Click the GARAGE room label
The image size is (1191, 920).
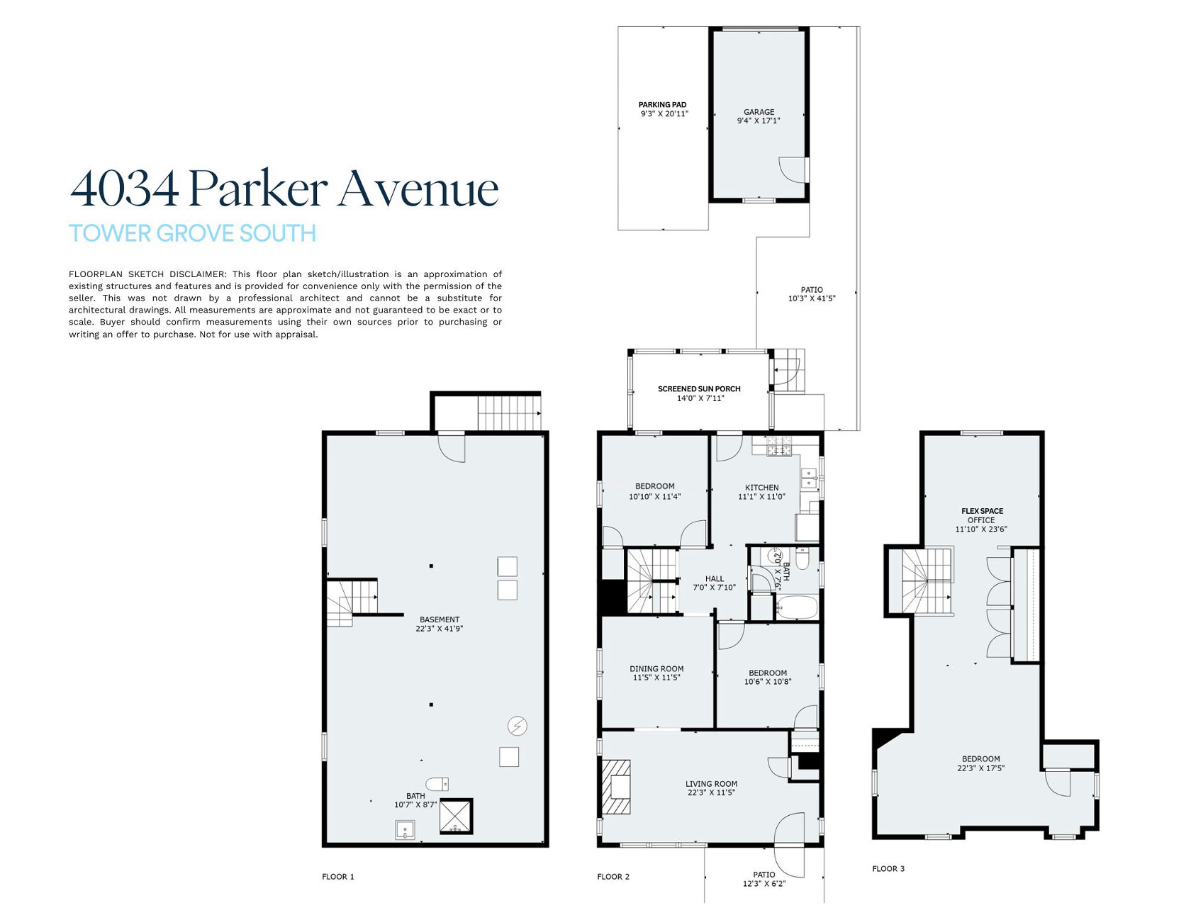click(x=759, y=112)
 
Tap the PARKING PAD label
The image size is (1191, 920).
click(x=662, y=105)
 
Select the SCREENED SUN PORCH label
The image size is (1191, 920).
click(x=699, y=389)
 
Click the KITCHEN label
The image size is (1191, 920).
click(x=762, y=488)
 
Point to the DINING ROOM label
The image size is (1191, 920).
click(x=656, y=668)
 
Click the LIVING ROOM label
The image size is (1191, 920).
click(x=711, y=784)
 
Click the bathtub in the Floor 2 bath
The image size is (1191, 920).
click(x=797, y=608)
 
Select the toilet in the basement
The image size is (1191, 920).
click(x=437, y=784)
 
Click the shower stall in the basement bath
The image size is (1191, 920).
click(x=456, y=816)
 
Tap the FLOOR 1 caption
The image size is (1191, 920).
click(x=338, y=877)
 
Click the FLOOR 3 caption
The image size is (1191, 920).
click(x=888, y=869)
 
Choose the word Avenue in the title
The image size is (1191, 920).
click(x=418, y=189)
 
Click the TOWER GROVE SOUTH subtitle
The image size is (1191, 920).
click(x=192, y=233)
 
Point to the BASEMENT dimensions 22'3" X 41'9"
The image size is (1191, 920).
click(x=440, y=629)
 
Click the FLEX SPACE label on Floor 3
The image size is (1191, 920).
click(x=982, y=511)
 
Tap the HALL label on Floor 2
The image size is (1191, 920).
click(x=715, y=579)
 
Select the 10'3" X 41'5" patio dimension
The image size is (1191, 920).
click(x=812, y=298)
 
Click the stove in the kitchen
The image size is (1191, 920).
click(x=778, y=447)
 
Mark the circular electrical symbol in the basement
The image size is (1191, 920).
click(x=518, y=726)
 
